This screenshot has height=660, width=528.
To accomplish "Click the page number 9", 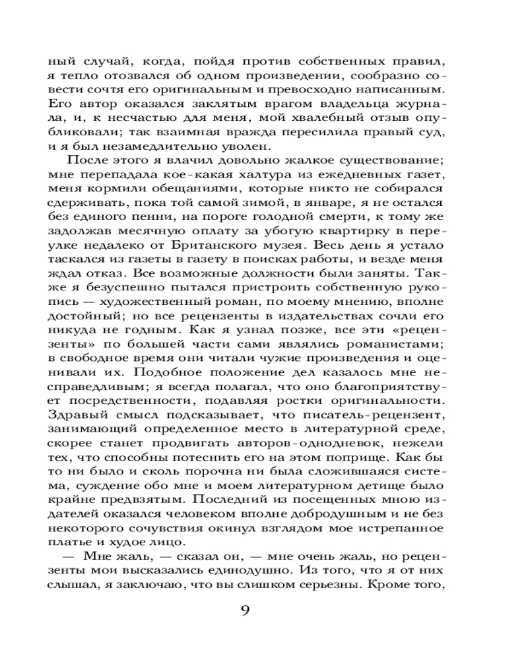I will pos(245,609).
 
